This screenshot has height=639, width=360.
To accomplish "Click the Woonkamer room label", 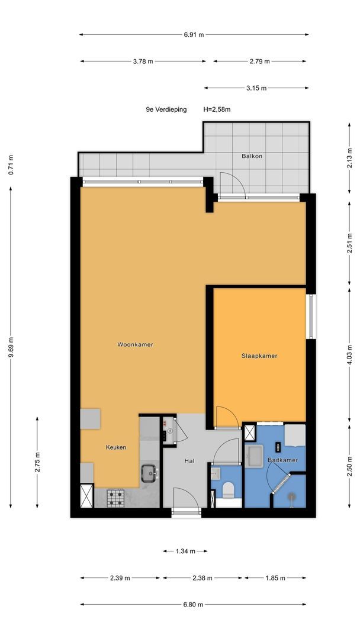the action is [x=136, y=344].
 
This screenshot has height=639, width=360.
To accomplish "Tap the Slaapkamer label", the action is [x=259, y=356].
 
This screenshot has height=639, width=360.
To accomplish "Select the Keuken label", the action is [x=116, y=447].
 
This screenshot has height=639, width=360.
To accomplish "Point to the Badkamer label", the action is [x=282, y=460].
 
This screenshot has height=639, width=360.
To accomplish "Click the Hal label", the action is [x=189, y=461].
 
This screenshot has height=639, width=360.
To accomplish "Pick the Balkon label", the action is [x=252, y=156].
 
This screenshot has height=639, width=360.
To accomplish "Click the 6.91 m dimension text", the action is [x=194, y=35].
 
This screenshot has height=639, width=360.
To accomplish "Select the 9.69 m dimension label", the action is [x=11, y=347].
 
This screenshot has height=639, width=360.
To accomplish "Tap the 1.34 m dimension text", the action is [x=185, y=551].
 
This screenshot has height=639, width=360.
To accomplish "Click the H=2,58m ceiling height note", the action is [x=217, y=109].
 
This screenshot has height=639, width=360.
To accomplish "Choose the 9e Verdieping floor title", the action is [x=166, y=109].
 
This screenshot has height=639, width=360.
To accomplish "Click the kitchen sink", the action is [x=150, y=473].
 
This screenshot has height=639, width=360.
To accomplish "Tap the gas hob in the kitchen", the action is [x=115, y=498].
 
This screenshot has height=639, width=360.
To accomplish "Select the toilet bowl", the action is [x=229, y=490].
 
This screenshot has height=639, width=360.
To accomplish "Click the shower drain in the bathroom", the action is [x=291, y=496].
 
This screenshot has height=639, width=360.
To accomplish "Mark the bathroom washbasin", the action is [x=254, y=456].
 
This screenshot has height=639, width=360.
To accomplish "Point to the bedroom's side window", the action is [x=311, y=316].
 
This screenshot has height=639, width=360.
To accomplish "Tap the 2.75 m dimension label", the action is [x=37, y=463].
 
